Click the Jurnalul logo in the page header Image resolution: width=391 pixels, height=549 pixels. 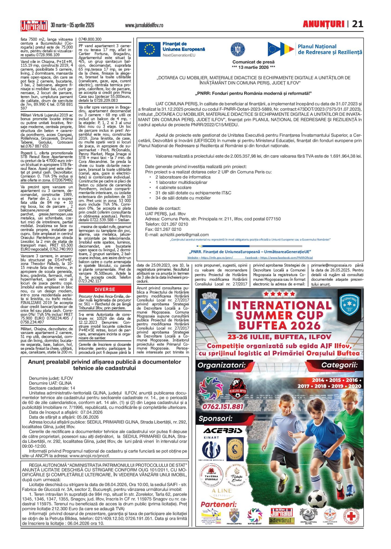point(34,25)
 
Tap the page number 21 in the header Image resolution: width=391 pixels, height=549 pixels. point(358,24)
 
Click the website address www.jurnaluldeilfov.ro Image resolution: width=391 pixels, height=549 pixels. point(144,25)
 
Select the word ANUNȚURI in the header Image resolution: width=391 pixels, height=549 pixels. point(323,24)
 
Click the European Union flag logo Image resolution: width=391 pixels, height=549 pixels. point(149,49)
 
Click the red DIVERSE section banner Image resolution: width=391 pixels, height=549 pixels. point(105,289)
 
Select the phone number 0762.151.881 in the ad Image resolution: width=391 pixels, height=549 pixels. point(223,407)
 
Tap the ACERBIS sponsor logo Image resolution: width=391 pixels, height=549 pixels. point(223,431)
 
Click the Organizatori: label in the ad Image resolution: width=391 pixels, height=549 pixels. point(221,365)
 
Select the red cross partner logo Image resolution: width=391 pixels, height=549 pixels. point(351,516)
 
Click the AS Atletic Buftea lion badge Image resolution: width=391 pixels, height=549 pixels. point(237,389)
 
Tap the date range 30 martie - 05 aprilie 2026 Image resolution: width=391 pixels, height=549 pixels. point(72,25)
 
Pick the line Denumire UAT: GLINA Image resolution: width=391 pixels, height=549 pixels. point(50,383)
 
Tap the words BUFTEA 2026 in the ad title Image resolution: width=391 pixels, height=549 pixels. point(279,325)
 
